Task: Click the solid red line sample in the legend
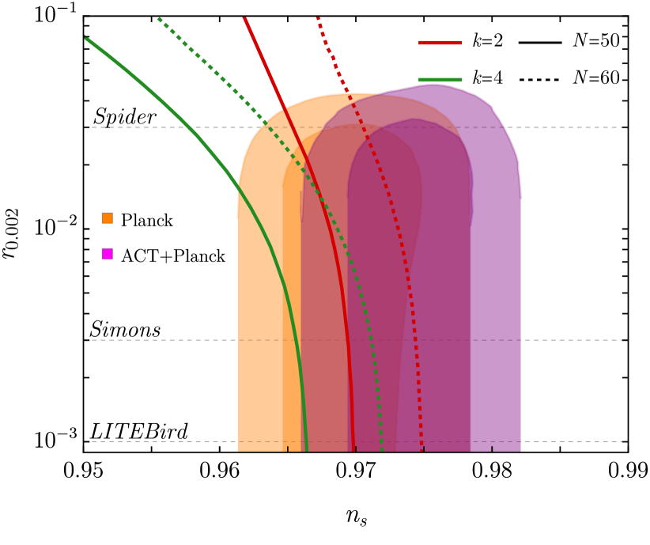point(440,43)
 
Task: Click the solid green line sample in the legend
point(440,80)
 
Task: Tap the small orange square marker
point(108,218)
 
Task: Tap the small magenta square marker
point(108,254)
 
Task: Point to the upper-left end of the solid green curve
point(86,37)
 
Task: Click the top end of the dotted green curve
point(159,19)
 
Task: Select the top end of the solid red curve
point(244,18)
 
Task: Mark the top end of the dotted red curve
point(318,18)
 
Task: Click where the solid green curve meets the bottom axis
point(305,450)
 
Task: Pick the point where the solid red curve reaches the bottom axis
point(353,450)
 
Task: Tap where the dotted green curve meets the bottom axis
point(382,450)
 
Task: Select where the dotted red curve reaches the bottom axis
point(422,450)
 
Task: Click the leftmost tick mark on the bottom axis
point(288,448)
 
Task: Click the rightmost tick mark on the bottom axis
point(492,448)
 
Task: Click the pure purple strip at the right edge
point(497,316)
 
